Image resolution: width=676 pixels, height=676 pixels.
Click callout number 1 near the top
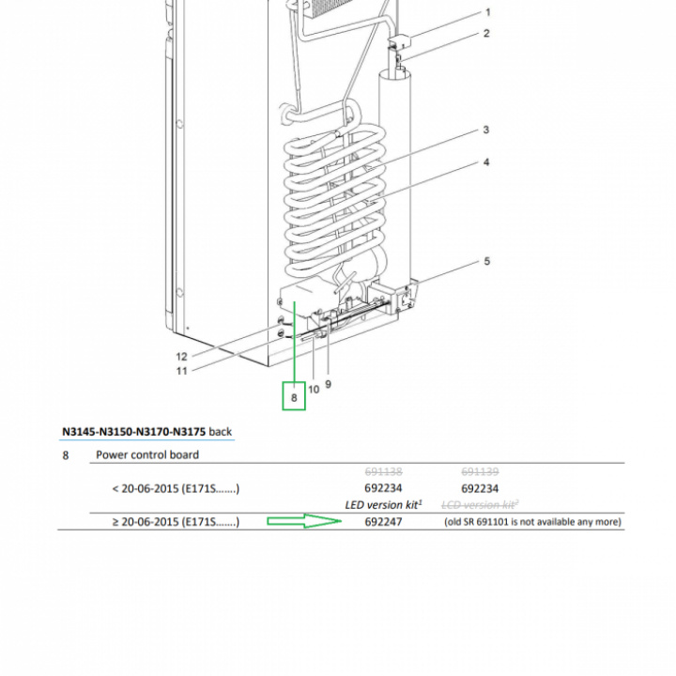point(487,12)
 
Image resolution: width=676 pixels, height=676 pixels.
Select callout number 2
point(486,33)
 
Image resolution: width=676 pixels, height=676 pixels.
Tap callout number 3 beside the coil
point(486,130)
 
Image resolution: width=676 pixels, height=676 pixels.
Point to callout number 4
point(486,162)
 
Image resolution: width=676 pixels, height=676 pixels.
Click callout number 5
point(486,261)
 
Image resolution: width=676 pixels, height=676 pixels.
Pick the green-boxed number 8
point(294,397)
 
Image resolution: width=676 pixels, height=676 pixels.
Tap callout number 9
point(328,384)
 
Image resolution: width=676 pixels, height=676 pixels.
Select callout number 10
point(314,390)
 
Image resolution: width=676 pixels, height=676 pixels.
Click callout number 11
point(182,371)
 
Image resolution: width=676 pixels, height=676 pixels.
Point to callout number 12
point(182,357)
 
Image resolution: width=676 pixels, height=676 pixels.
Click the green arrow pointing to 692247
point(304,521)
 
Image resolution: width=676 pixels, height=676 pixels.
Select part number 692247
point(383,522)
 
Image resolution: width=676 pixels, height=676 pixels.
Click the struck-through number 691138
point(383,471)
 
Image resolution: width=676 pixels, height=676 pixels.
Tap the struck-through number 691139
point(480,471)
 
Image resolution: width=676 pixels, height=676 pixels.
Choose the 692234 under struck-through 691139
point(480,488)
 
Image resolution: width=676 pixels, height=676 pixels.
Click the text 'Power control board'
point(147,454)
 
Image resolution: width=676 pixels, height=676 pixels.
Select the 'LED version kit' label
point(383,505)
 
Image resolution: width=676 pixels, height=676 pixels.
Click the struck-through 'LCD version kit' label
point(480,505)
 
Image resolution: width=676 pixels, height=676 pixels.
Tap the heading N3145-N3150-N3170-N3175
point(133,432)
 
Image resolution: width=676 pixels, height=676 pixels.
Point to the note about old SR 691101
point(533,522)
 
